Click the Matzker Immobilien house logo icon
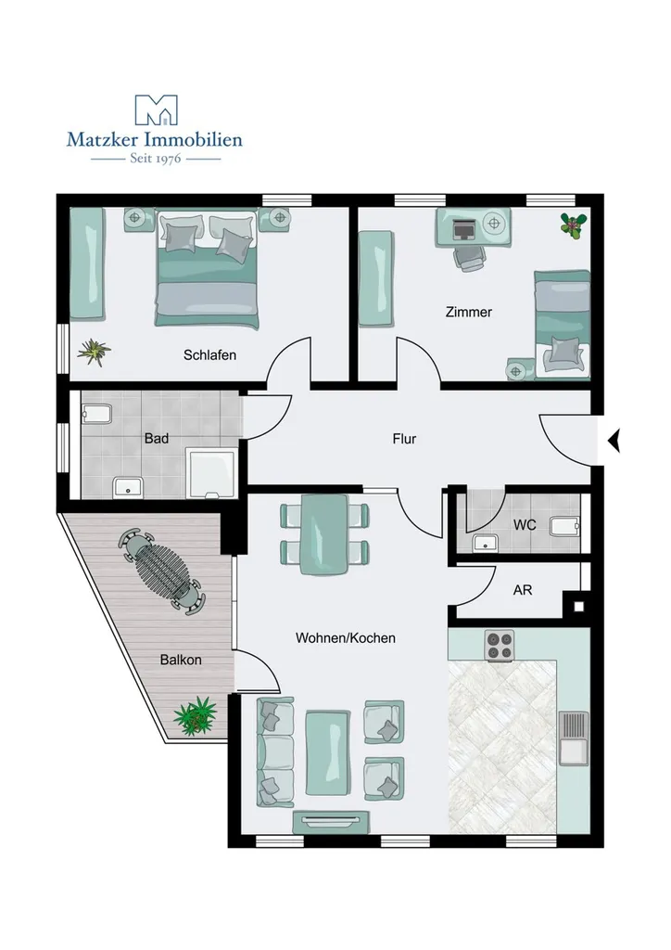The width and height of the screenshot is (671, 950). point(156,109)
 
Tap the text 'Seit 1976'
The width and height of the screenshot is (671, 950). point(156,159)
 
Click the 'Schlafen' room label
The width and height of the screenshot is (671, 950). point(210,355)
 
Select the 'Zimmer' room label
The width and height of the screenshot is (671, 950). point(469,312)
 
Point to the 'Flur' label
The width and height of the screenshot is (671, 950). point(404,439)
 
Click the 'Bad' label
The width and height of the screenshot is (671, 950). point(156,438)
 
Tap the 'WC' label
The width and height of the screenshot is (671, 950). point(525,525)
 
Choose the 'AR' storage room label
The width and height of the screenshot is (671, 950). point(523,589)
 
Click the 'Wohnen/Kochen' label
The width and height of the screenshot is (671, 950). point(346,638)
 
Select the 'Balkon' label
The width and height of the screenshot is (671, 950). point(181,660)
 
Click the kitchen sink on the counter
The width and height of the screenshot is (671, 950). point(574,738)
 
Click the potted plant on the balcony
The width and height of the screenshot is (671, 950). point(196,715)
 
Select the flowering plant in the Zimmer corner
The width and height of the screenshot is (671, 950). point(573,225)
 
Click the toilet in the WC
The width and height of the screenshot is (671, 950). point(565,526)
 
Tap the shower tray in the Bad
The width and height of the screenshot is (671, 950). point(210,473)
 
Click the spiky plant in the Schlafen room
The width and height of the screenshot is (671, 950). point(94,352)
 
